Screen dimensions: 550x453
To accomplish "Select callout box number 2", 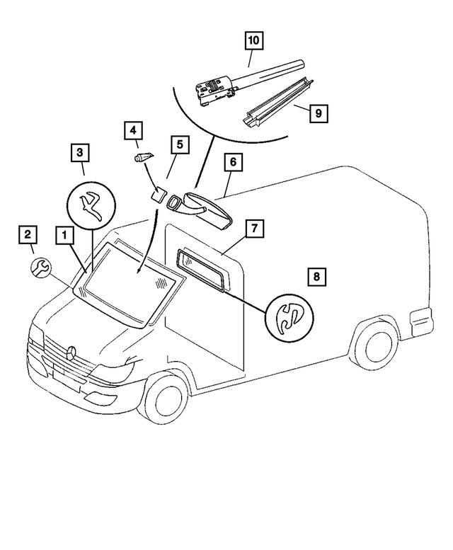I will coord(26,234).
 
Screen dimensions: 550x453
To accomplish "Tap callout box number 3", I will coord(80,151).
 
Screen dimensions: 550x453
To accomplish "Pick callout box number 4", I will coord(132,130).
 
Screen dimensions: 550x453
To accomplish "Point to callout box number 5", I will coord(180,144).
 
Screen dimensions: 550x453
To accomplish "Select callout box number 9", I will coord(318,113).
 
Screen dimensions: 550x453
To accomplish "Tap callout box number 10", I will coord(253,41).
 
